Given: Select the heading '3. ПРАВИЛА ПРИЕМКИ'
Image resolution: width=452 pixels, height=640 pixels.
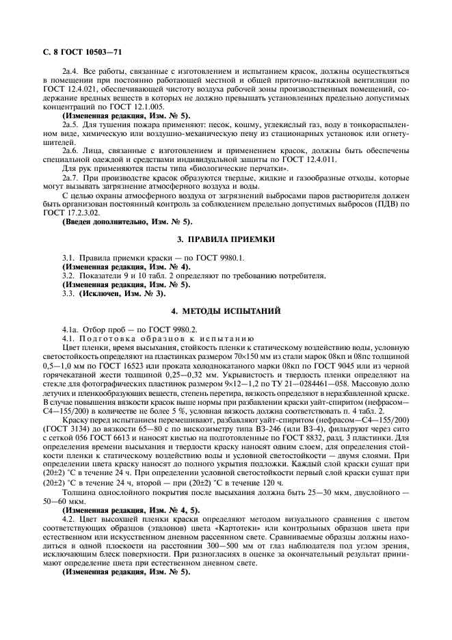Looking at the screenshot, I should click(x=226, y=239).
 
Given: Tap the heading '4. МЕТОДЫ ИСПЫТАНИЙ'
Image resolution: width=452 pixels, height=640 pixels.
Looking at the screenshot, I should click(x=226, y=311).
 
